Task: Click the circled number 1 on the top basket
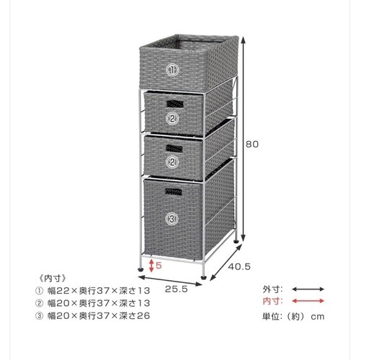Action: coord(172,70)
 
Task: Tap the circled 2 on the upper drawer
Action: coord(172,118)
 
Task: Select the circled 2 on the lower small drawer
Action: coord(172,162)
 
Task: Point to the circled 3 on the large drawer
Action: coord(172,219)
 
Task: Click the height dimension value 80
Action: coord(252,144)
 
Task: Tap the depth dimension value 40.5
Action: coord(239,266)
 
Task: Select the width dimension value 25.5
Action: coord(177,289)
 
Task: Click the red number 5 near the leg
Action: coord(159,266)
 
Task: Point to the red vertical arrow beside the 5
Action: coord(151,266)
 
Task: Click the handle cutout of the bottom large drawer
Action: coord(174,192)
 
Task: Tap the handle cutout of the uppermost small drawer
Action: coord(175,104)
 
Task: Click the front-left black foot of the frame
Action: coord(140,269)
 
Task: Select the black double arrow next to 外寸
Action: coord(308,289)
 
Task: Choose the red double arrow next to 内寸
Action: coord(308,301)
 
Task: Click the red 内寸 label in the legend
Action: coord(272,301)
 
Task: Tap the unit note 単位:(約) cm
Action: coord(293,316)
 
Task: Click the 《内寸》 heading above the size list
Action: coord(52,279)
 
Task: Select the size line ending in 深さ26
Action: coord(93,315)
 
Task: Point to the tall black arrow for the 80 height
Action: coord(244,139)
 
